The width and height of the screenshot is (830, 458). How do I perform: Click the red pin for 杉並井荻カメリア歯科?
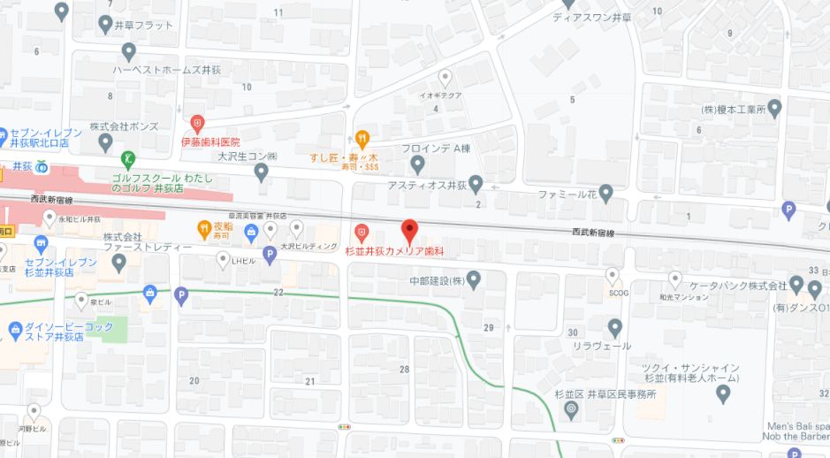pyautogui.click(x=409, y=231)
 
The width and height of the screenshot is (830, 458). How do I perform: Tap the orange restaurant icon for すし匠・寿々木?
pyautogui.click(x=362, y=138)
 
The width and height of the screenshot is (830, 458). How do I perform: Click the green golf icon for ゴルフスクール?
pyautogui.click(x=129, y=159)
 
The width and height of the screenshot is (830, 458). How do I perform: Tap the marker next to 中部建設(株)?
pyautogui.click(x=474, y=281)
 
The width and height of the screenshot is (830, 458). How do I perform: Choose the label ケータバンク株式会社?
pyautogui.click(x=739, y=286)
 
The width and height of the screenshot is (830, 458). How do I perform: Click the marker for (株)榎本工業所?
pyautogui.click(x=775, y=110)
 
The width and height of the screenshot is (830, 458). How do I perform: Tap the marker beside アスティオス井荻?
pyautogui.click(x=476, y=185)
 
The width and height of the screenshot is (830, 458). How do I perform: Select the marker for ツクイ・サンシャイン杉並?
pyautogui.click(x=723, y=394)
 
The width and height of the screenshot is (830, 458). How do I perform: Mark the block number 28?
pyautogui.click(x=405, y=369)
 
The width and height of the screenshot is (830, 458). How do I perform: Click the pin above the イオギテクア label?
pyautogui.click(x=445, y=78)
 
